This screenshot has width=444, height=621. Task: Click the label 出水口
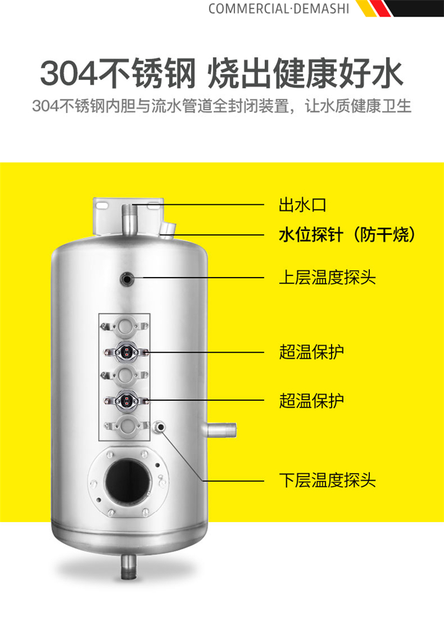tap(302, 205)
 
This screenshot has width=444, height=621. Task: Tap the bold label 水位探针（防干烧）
tap(348, 235)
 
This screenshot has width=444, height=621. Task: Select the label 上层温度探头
tap(327, 277)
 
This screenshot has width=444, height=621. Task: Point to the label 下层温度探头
tap(327, 481)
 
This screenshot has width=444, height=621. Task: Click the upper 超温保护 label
tap(311, 352)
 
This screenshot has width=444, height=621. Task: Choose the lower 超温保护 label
tap(311, 400)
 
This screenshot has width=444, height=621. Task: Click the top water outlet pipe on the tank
tap(128, 220)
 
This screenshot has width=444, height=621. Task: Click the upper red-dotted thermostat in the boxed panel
tap(126, 351)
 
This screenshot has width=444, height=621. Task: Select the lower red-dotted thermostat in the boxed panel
tap(126, 400)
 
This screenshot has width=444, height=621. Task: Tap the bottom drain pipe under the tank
tap(128, 567)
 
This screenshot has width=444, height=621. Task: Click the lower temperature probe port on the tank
tap(160, 427)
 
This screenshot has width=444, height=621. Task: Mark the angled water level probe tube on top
tap(169, 230)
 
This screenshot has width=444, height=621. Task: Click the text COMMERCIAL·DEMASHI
tap(279, 9)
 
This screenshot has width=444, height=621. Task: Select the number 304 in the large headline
tap(68, 73)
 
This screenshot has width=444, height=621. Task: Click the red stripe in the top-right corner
tap(380, 8)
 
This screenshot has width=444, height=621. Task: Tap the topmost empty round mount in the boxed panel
tap(126, 326)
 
